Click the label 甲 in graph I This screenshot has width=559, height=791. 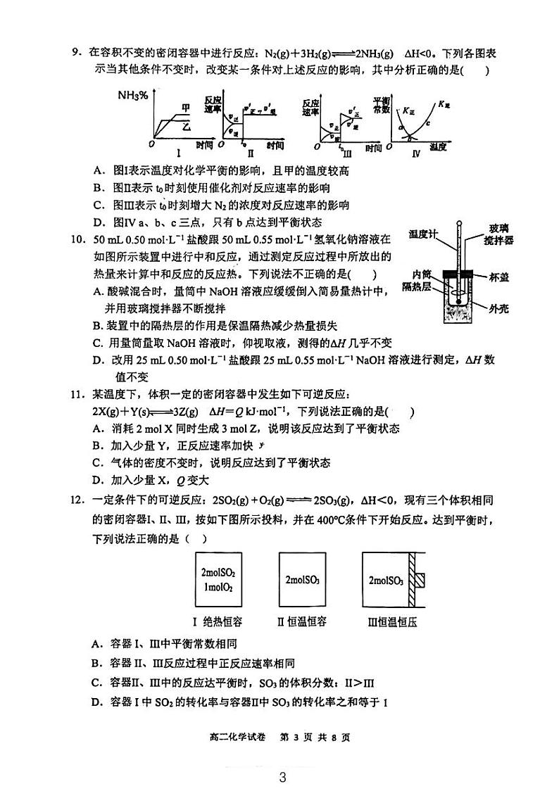tap(185, 107)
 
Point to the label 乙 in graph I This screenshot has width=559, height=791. tap(186, 127)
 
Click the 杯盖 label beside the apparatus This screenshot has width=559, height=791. tap(498, 278)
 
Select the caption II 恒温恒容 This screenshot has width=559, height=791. tap(301, 621)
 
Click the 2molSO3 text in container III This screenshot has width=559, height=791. tap(385, 581)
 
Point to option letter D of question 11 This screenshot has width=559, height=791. tap(96, 481)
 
